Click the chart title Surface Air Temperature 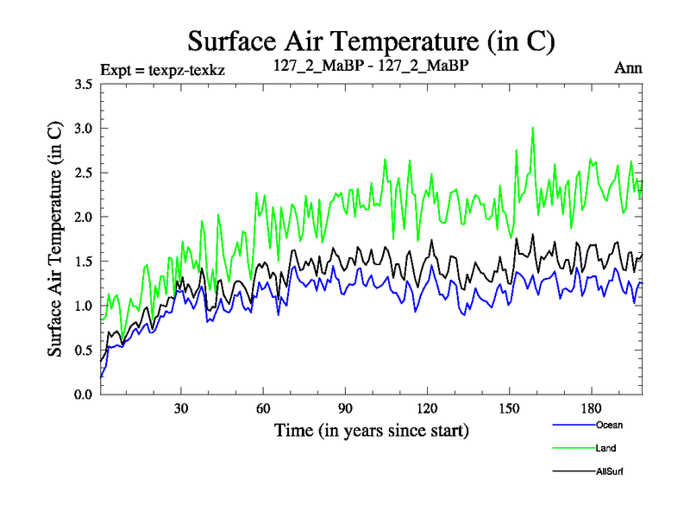coord(371,41)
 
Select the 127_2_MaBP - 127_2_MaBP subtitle coord(370,66)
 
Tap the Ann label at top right coord(628,67)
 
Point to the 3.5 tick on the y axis coord(83,85)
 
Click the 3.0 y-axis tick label coord(83,129)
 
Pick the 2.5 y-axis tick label coord(83,173)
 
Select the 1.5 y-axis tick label coord(83,262)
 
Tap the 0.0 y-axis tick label coord(83,394)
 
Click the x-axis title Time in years coord(371,429)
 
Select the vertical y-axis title coord(54,239)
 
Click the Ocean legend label coord(609,425)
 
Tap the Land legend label coord(606,448)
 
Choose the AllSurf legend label coord(610,471)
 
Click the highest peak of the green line coord(533,128)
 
